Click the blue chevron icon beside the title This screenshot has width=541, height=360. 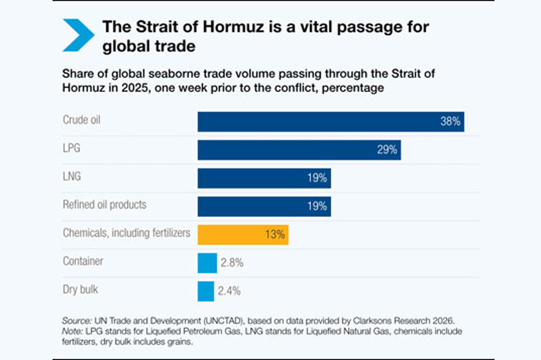[x=78, y=35]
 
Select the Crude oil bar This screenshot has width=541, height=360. [x=331, y=121]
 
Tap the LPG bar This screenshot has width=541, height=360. [x=299, y=150]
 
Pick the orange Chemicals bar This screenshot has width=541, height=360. [x=243, y=234]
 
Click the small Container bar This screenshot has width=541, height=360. [x=207, y=263]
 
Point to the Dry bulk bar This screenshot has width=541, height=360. [x=206, y=291]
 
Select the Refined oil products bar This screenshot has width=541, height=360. [x=264, y=206]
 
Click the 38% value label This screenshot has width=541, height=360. [x=450, y=121]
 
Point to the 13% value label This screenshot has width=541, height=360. [x=274, y=234]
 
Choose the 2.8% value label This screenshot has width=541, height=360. [x=231, y=263]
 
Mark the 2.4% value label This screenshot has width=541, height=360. [x=228, y=291]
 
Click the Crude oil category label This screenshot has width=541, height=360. [x=81, y=120]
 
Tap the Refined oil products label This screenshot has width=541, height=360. [x=105, y=204]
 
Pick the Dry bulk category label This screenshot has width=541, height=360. [x=81, y=290]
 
